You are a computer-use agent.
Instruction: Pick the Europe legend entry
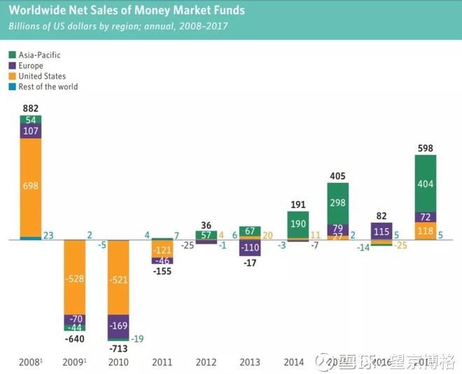[32, 65]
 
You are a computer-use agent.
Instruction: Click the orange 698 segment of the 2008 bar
[31, 186]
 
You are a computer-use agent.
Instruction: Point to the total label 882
[31, 108]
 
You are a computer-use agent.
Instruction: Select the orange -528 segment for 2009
[75, 279]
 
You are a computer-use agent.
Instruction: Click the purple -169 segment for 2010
[118, 325]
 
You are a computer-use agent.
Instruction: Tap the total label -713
[118, 348]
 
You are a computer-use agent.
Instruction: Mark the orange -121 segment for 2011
[162, 250]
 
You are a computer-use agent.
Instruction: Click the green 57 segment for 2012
[206, 235]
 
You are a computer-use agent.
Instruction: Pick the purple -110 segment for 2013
[250, 248]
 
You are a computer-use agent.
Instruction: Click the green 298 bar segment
[338, 203]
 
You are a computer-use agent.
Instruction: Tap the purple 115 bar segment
[381, 231]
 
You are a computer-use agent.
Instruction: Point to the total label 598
[426, 148]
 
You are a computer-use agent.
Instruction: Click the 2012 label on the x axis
[206, 361]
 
